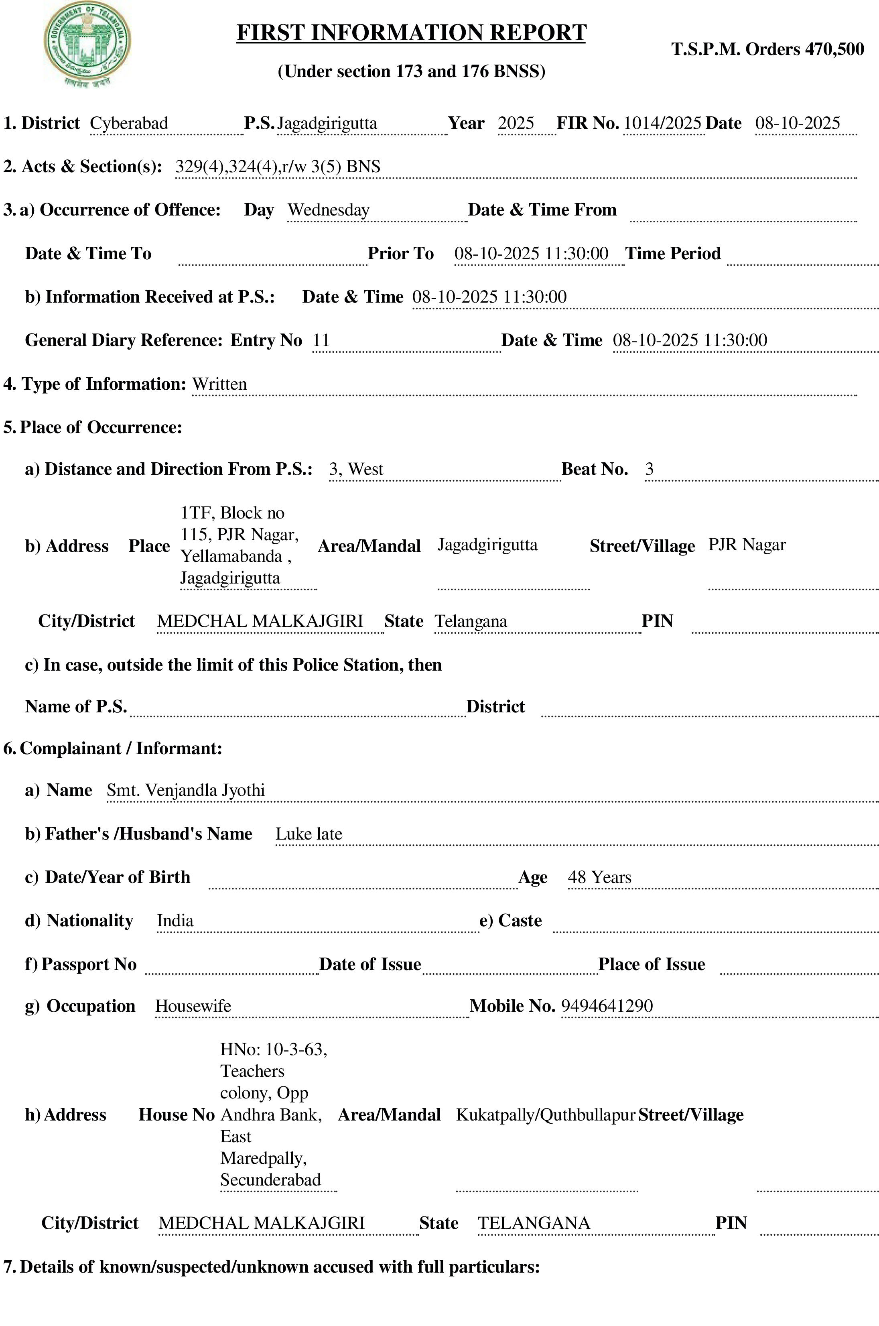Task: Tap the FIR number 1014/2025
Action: tap(662, 123)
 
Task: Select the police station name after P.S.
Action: tap(327, 123)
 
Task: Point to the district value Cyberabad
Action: tap(129, 123)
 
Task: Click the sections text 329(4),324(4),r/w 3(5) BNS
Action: tap(278, 167)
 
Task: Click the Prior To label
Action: tap(400, 253)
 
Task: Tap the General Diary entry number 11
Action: tap(321, 340)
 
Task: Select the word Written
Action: tap(219, 384)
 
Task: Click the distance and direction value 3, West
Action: tap(356, 469)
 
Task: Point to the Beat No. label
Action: tap(594, 469)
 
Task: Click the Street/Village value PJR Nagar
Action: tap(747, 545)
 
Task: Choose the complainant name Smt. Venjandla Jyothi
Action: tap(186, 790)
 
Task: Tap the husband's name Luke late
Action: tap(309, 834)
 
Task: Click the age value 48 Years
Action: tap(599, 877)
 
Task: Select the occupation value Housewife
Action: tap(193, 1006)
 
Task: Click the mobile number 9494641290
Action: tap(607, 1006)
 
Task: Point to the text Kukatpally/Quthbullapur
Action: tap(545, 1114)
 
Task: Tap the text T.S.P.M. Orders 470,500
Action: tap(767, 49)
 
